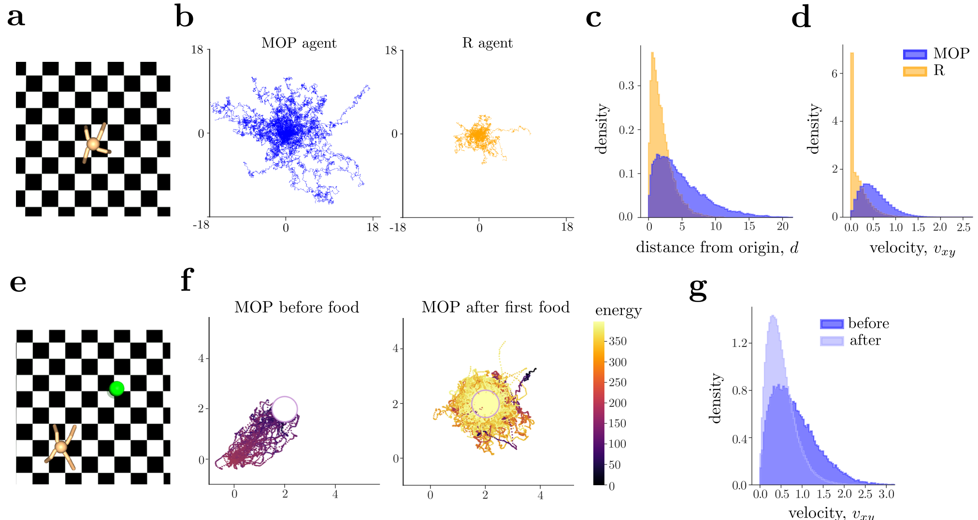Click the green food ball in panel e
[116, 389]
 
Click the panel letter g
[698, 289]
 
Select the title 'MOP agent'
[299, 43]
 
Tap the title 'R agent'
[487, 43]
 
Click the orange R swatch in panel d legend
[915, 72]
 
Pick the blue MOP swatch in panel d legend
[915, 54]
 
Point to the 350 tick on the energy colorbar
[617, 341]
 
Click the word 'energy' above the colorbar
[618, 310]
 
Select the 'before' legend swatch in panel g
[832, 324]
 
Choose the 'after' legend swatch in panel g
[832, 341]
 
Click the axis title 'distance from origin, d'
[717, 248]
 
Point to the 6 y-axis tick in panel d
[834, 73]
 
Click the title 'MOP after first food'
[495, 307]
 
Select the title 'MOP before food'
[297, 307]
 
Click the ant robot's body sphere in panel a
[92, 144]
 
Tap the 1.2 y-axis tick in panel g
[739, 343]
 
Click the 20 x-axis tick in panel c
[783, 226]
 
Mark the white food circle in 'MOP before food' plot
[284, 409]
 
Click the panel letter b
[184, 17]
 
